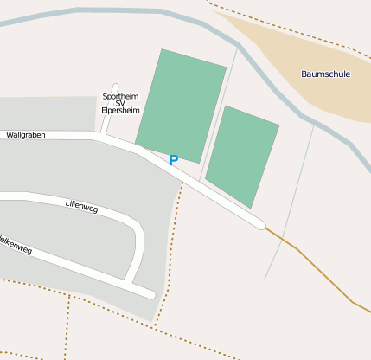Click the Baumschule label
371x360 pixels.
click(x=325, y=74)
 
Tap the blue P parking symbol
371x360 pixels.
click(x=173, y=160)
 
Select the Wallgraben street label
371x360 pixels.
click(x=24, y=135)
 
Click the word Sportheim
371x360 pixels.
click(x=120, y=96)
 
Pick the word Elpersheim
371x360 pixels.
click(x=120, y=112)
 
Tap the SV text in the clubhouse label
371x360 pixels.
click(x=120, y=104)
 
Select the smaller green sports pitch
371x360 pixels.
click(x=242, y=156)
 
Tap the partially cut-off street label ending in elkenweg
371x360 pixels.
click(x=16, y=244)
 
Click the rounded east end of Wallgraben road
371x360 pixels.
click(x=259, y=224)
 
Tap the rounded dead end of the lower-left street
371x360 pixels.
click(x=150, y=294)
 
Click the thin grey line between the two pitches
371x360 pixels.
click(x=217, y=112)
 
